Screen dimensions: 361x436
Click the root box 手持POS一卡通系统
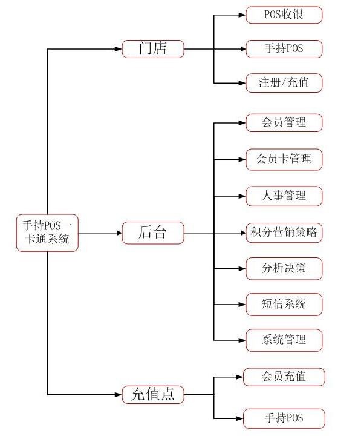[47, 233]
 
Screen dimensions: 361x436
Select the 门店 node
[153, 49]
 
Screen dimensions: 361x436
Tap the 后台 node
[153, 233]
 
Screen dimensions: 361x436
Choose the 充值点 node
[153, 395]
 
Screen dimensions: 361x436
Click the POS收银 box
[284, 15]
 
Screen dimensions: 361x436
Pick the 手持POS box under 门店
[284, 49]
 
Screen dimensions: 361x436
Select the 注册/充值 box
[284, 83]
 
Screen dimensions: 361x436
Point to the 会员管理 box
[284, 122]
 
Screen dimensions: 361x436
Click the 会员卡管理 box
[284, 160]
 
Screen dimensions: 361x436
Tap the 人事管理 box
[284, 196]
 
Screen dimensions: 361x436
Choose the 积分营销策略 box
[284, 233]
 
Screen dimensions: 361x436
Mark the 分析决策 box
[284, 269]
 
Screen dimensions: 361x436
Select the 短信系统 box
[284, 305]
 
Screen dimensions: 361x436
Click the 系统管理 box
[284, 340]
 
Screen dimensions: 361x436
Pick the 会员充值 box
[284, 377]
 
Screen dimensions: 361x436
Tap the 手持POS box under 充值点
[284, 418]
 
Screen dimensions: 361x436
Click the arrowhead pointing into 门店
[119, 49]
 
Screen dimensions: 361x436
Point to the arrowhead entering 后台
[119, 233]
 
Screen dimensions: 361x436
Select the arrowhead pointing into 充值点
[119, 395]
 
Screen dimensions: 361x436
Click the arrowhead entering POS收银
[242, 15]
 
